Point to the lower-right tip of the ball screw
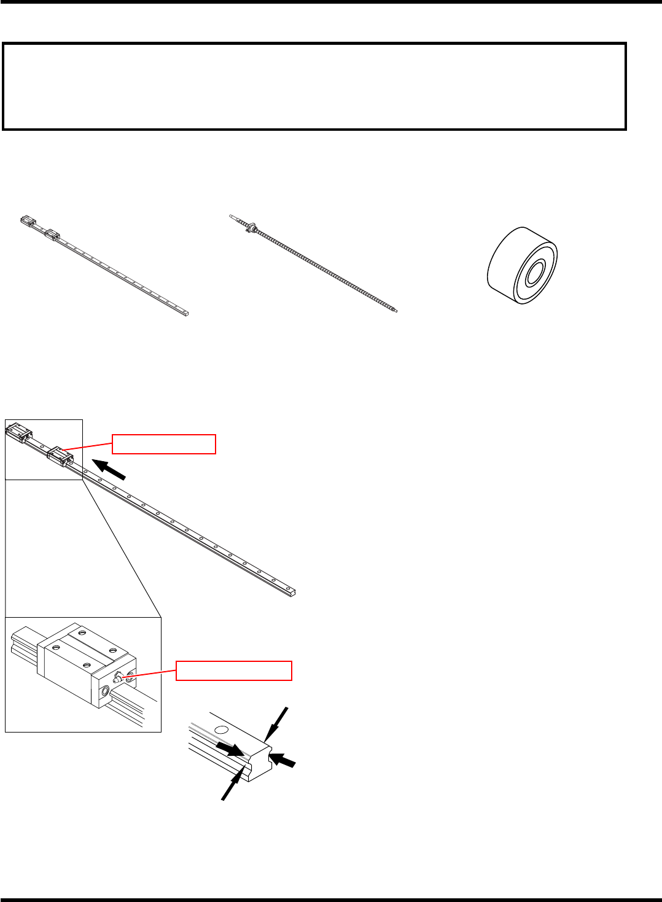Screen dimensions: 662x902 coord(396,311)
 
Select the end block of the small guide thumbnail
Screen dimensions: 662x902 coord(28,220)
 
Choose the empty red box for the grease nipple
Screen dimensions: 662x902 coord(233,671)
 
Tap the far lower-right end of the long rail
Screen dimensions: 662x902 coord(298,593)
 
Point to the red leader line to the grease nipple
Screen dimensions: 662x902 coord(154,674)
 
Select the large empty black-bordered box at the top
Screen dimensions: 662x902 coord(314,86)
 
